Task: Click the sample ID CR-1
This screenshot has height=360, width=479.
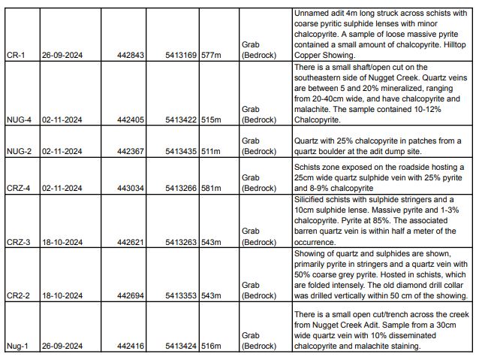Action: coord(14,55)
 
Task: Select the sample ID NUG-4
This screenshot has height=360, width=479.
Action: coord(18,119)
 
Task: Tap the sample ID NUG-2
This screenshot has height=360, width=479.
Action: coord(18,151)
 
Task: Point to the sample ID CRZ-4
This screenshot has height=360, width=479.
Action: coord(17,188)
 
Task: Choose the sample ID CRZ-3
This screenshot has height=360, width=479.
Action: coord(17,243)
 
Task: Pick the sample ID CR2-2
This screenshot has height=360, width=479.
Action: coord(17,297)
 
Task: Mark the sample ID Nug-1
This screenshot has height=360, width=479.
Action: coord(16,346)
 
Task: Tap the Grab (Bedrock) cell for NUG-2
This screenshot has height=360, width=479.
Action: coord(258,146)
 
